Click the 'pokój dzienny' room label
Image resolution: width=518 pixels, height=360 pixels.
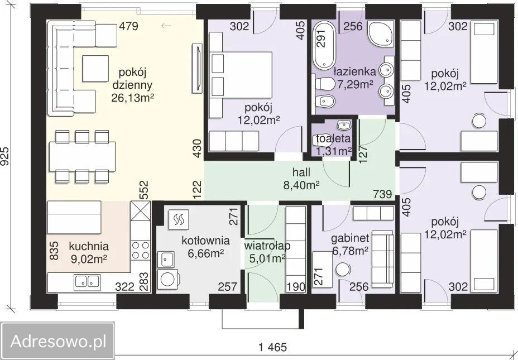point(132,79)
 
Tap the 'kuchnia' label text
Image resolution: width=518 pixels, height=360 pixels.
point(89,246)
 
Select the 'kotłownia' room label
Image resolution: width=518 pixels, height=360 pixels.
point(205,240)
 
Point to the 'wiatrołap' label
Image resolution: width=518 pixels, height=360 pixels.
point(267,246)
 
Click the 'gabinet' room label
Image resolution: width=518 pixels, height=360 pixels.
point(350,238)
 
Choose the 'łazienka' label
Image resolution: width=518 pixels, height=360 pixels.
point(355,71)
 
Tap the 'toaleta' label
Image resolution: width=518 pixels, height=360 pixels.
point(333,138)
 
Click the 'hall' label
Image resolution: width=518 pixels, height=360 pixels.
point(301,172)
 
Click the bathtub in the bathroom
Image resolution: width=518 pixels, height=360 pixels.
point(325,45)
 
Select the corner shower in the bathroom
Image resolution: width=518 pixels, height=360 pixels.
point(381,33)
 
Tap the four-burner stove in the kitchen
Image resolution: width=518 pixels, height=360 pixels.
point(141,250)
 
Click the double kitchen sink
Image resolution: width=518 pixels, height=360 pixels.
point(87,281)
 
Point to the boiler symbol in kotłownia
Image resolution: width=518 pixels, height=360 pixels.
point(179,219)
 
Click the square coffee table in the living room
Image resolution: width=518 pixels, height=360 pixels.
point(95,68)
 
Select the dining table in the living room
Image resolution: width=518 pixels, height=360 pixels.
point(82,156)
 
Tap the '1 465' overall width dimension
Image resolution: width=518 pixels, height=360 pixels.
point(273,347)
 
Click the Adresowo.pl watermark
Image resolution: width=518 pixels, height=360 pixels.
point(58,341)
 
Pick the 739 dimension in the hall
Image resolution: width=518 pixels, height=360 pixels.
point(382,194)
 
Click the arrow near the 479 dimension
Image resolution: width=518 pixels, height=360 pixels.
point(166,26)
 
